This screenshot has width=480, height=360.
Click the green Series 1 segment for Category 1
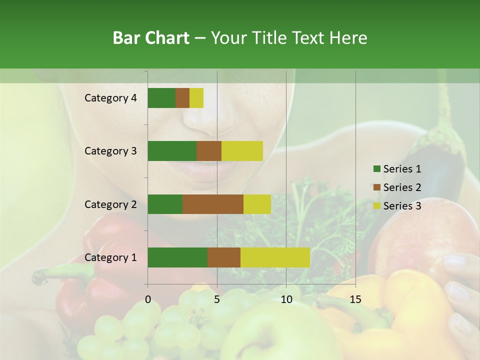pos(177,257)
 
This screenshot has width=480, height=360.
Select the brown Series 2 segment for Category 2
pos(213,204)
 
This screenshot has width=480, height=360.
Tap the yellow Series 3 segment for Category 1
pos(275,257)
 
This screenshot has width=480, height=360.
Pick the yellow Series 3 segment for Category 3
pos(242,151)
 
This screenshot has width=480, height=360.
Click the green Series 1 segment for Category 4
pos(161,98)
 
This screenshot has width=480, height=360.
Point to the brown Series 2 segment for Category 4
pos(182,98)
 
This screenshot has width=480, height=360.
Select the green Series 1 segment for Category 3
pos(172,151)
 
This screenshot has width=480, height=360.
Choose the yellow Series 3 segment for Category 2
pos(257,204)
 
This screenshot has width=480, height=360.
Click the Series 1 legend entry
pos(397,169)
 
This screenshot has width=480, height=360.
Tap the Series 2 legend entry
pos(397,187)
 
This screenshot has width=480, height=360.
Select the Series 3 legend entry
pos(397,206)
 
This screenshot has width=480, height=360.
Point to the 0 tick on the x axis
pos(148,299)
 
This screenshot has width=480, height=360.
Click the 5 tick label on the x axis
pos(217,299)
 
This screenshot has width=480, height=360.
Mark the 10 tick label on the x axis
pos(286,299)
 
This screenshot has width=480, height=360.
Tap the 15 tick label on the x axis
pos(355,299)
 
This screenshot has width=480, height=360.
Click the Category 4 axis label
pos(110,98)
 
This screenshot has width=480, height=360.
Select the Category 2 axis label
pos(110,204)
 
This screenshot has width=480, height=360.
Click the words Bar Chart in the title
pos(151,38)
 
